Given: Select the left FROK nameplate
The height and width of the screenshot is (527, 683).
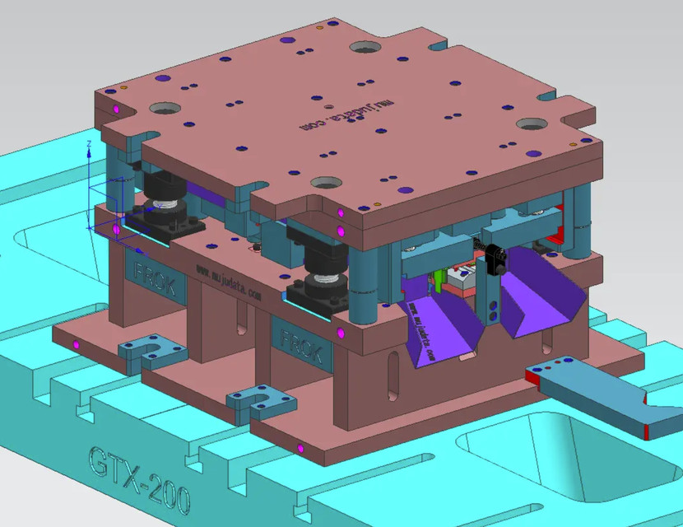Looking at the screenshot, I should [155, 277].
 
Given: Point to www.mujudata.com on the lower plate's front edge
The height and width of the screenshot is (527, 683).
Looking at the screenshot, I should [228, 282].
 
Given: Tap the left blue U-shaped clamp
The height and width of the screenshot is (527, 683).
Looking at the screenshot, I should [151, 352].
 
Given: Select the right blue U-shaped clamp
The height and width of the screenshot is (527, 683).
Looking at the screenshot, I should [262, 401].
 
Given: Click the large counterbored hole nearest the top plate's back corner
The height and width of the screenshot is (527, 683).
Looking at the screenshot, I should [365, 49].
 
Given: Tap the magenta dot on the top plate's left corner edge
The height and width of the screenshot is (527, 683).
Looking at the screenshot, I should [116, 110].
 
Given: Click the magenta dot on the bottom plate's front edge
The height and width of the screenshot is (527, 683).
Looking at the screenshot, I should [300, 449].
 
